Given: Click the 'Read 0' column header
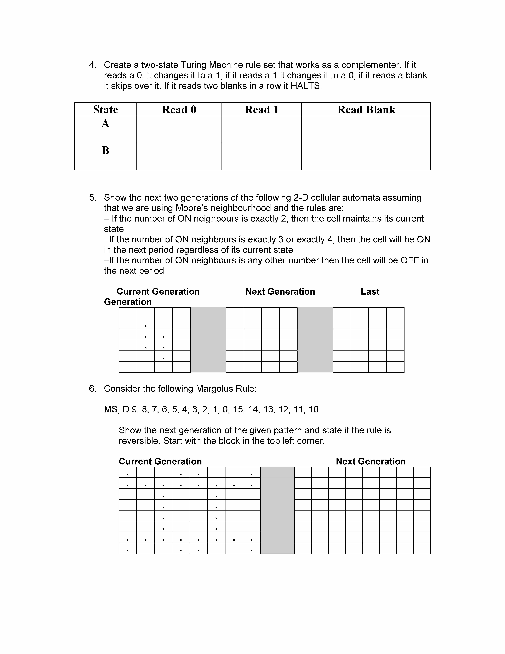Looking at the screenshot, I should [x=179, y=110].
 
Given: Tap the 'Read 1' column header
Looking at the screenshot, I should [x=262, y=110].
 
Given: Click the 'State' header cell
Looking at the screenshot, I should [x=105, y=110].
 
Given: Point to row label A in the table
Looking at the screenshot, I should [x=105, y=123].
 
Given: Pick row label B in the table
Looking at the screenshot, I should [x=105, y=150].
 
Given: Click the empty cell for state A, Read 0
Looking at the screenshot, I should [x=179, y=130].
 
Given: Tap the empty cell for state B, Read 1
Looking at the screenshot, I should [x=262, y=157].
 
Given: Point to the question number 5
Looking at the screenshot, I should [x=92, y=198].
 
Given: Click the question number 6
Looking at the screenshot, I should [x=92, y=389].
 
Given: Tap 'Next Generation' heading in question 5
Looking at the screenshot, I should [x=280, y=291].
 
